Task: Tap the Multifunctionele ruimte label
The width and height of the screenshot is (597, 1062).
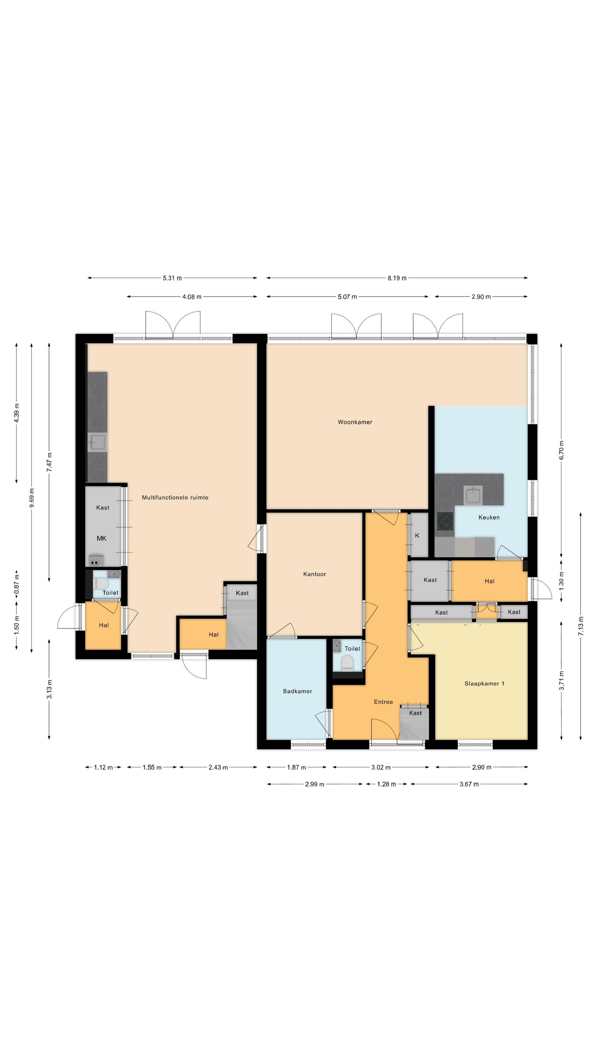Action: pyautogui.click(x=175, y=497)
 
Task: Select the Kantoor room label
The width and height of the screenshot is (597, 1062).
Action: pyautogui.click(x=314, y=574)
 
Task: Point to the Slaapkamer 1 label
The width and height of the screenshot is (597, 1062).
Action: pyautogui.click(x=484, y=683)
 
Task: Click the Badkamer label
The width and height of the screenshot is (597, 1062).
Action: pyautogui.click(x=297, y=691)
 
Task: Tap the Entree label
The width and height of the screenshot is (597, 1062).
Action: pyautogui.click(x=383, y=702)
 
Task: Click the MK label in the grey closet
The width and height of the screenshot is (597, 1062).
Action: pyautogui.click(x=102, y=538)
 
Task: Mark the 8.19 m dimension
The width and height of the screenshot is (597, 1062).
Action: pyautogui.click(x=397, y=278)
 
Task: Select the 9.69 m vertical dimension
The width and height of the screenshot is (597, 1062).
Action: pyautogui.click(x=32, y=498)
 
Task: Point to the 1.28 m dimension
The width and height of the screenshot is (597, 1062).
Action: pyautogui.click(x=386, y=784)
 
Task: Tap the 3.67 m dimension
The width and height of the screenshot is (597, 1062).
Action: pyautogui.click(x=469, y=784)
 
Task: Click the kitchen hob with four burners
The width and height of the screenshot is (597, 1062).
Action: pyautogui.click(x=445, y=521)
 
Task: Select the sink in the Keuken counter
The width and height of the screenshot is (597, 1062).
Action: pyautogui.click(x=473, y=495)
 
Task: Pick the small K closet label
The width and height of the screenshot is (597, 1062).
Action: pyautogui.click(x=417, y=535)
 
